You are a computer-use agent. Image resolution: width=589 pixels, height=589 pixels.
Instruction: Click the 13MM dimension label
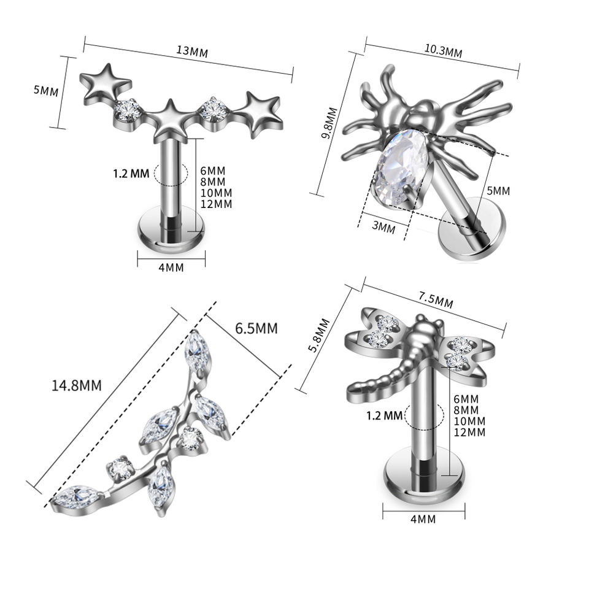pos(192,52)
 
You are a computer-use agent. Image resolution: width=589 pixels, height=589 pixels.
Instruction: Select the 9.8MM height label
pos(329,123)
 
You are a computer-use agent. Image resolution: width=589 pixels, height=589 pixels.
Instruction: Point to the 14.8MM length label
pos(77,385)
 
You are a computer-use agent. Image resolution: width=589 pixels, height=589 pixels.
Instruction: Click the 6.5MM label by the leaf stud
pos(256,328)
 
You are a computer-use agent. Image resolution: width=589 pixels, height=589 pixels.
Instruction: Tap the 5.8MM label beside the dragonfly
pos(318,336)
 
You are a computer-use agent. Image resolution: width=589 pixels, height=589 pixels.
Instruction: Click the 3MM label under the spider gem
pos(383,227)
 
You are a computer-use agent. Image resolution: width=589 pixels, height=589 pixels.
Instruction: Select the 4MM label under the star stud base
pos(171,268)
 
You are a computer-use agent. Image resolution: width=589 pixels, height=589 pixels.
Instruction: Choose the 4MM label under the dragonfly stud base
pos(423,519)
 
